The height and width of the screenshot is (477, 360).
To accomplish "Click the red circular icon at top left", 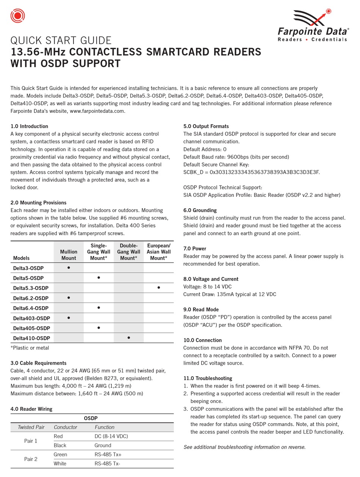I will point(17,16).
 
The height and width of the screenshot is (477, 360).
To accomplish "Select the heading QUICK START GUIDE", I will point(61,40).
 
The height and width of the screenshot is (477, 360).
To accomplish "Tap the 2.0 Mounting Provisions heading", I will point(38,203).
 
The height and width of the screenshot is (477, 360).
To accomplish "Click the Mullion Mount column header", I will point(69,255).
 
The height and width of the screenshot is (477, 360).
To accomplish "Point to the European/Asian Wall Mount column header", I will point(158,252).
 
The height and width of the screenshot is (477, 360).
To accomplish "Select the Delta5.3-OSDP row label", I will point(31,288).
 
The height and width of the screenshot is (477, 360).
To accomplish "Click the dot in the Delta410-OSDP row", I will point(129,337).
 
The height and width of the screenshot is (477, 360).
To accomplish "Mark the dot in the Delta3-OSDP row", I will point(69,268).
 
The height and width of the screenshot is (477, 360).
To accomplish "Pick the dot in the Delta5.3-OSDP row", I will point(158,288).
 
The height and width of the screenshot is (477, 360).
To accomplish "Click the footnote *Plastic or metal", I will point(30,348).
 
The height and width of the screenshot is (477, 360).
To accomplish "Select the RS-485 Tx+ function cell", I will point(108,454).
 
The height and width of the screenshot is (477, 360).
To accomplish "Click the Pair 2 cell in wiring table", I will point(31,459).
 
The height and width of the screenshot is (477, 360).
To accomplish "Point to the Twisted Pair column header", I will point(31,427).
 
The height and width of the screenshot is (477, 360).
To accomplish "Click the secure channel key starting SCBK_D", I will point(252,172).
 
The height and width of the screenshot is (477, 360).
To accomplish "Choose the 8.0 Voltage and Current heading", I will point(211,279).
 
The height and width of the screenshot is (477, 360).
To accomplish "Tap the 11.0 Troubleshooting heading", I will point(208,378).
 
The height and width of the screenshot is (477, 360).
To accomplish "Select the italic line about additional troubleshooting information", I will point(244,447).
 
